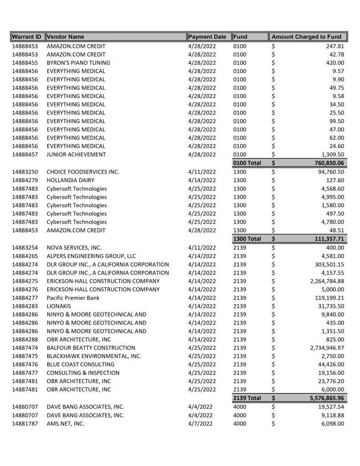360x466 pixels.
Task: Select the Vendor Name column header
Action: pos(66,37)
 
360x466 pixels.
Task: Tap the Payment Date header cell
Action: pos(207,37)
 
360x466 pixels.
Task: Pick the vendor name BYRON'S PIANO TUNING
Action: pos(78,63)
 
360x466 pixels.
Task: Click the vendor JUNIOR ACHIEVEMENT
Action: pos(76,154)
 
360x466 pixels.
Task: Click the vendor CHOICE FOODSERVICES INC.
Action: pos(83,172)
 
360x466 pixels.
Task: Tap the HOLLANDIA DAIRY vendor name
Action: pos(71,180)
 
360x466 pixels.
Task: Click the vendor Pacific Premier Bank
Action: pos(73,298)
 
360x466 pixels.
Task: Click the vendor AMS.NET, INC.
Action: pos(66,424)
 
